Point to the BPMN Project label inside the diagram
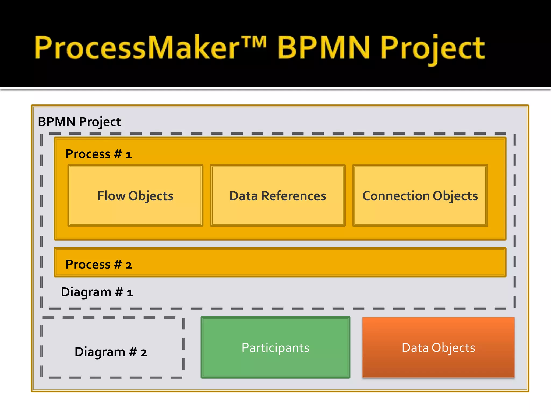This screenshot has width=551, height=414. pos(79,122)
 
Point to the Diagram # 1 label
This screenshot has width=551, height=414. pos(97,292)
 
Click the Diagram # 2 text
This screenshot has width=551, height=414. pos(111,352)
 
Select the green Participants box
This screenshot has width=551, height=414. pos(275,347)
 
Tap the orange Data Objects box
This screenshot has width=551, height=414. pos(438,347)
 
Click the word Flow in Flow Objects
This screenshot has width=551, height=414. pos(111,196)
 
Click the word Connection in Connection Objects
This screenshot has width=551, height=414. pos(396,196)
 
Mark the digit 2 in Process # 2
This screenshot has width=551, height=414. pos(129,265)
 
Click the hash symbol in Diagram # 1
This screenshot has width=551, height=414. pos(119,292)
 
